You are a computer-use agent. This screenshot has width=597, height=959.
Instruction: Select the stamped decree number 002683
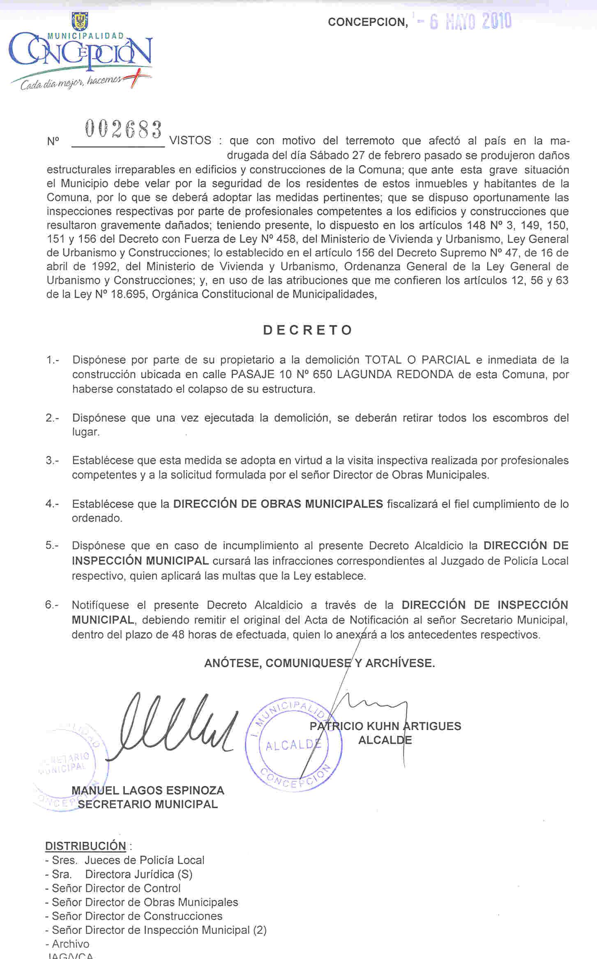point(123,129)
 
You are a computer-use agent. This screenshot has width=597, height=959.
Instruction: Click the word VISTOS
point(190,141)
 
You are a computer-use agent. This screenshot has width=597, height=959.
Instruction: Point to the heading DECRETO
point(308,330)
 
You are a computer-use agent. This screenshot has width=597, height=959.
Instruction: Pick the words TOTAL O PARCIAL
point(417,360)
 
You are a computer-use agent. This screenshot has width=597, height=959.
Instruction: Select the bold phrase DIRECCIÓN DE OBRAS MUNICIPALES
point(278,504)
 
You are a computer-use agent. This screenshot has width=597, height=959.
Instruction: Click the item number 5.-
point(52,545)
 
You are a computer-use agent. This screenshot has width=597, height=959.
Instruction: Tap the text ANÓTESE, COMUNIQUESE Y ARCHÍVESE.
point(319,663)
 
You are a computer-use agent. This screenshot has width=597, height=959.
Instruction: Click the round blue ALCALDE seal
point(293,744)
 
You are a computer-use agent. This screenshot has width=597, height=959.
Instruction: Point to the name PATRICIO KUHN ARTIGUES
point(385,726)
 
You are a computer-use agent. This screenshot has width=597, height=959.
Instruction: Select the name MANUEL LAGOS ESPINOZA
point(148,790)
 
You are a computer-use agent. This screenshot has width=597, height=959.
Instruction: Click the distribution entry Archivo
point(70,944)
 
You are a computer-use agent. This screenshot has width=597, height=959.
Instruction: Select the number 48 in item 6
point(178,635)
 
